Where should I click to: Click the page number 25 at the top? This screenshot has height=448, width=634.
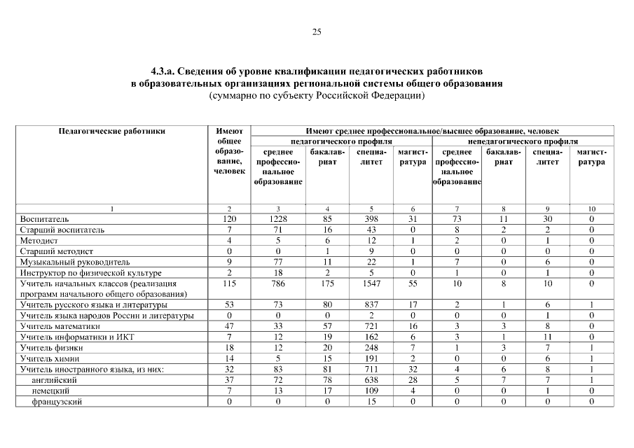pyautogui.click(x=317, y=32)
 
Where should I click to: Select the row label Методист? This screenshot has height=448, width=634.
pyautogui.click(x=39, y=240)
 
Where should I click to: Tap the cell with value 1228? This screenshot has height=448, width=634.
pyautogui.click(x=278, y=219)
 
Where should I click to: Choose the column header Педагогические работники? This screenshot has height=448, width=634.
pyautogui.click(x=111, y=131)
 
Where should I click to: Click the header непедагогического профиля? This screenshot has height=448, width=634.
pyautogui.click(x=522, y=141)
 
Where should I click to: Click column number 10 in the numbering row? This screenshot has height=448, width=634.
pyautogui.click(x=591, y=209)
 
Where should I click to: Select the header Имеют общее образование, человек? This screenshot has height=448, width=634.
pyautogui.click(x=229, y=151)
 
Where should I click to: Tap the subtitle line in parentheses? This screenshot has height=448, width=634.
pyautogui.click(x=317, y=95)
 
